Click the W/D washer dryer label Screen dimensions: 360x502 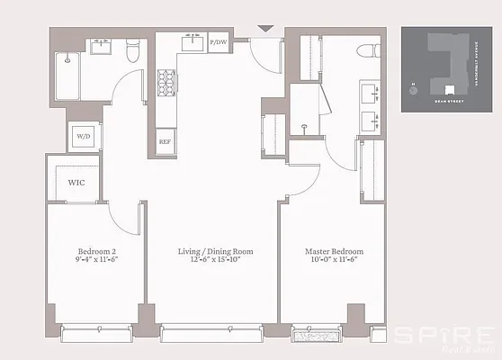[x=83, y=137]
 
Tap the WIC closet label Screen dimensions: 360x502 [x=76, y=182]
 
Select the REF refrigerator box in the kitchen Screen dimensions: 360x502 [x=165, y=141]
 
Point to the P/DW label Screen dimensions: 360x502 [x=218, y=42]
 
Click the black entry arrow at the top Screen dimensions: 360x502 [x=264, y=29]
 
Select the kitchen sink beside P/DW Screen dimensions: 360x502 [x=192, y=42]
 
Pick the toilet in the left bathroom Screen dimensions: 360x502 [x=132, y=55]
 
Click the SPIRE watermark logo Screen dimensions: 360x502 [x=446, y=335]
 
